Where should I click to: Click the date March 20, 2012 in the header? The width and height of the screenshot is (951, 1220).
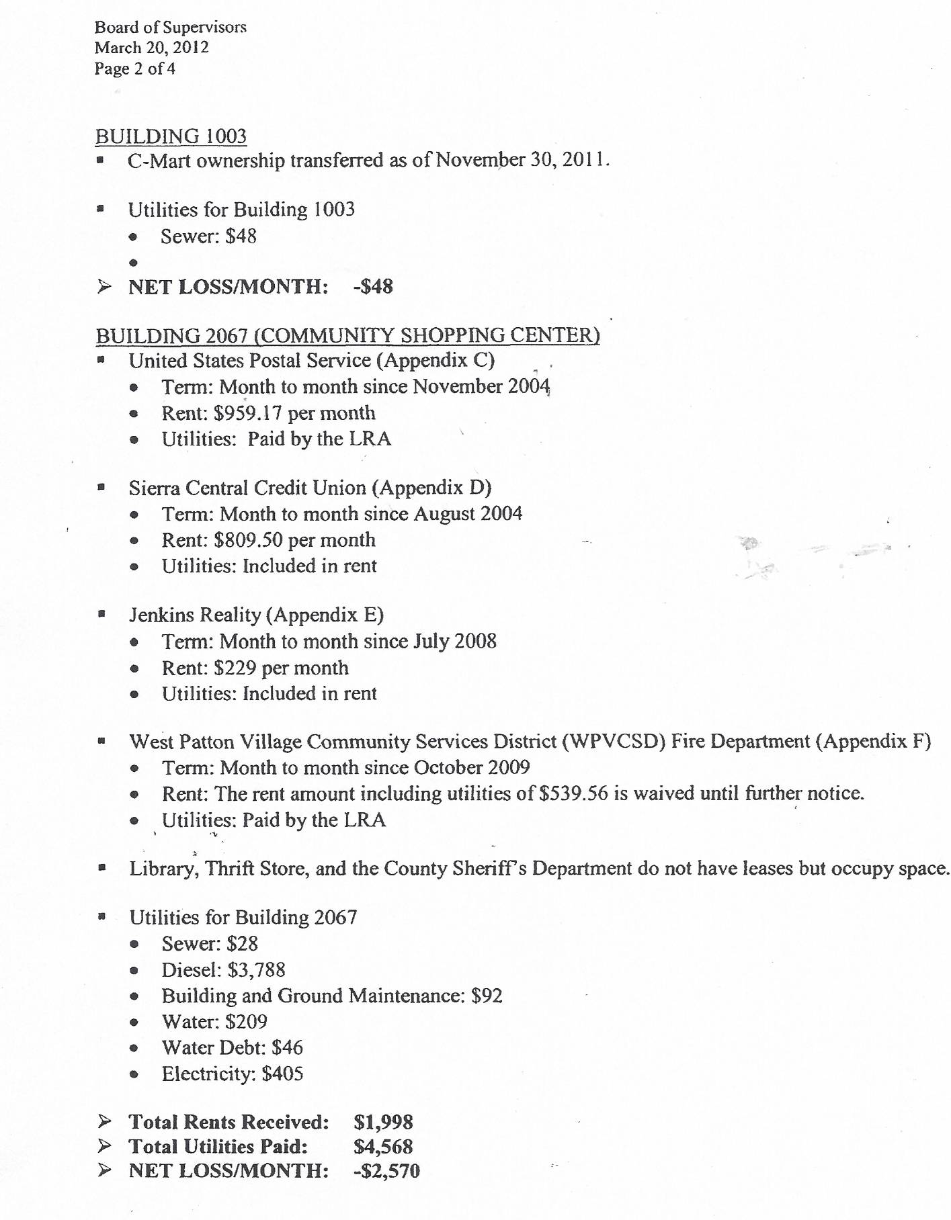click(151, 48)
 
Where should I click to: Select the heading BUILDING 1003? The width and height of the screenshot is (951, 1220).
click(171, 136)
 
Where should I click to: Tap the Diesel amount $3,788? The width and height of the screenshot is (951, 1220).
click(257, 970)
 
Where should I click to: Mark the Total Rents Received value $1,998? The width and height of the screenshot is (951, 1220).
click(383, 1123)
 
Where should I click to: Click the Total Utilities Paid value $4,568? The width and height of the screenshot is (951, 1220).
click(383, 1147)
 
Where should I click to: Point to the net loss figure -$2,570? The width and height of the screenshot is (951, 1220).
click(386, 1171)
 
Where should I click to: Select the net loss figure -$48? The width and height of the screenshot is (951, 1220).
click(373, 287)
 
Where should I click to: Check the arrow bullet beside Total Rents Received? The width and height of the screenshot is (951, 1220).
click(104, 1121)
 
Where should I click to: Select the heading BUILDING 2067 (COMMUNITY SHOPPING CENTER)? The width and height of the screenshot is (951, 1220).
click(347, 335)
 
